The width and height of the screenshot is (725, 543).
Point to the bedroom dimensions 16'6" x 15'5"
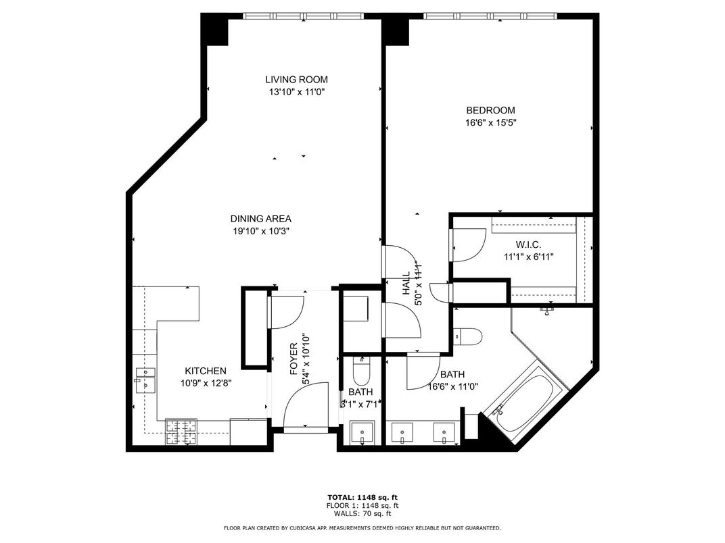[x=490, y=123]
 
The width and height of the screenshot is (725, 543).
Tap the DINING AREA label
[x=260, y=218]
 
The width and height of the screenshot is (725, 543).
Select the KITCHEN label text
[x=206, y=371]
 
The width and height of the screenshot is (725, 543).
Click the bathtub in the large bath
[x=525, y=401]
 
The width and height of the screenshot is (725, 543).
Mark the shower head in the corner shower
[x=547, y=310]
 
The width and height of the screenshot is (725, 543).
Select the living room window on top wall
[x=303, y=16]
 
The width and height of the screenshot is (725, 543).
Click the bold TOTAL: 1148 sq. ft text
[x=362, y=498]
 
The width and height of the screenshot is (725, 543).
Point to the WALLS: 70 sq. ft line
[x=362, y=513]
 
